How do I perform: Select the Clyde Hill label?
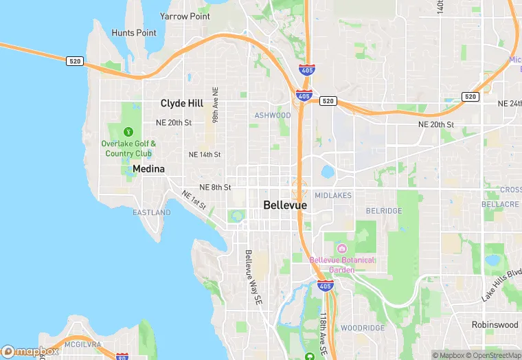(x=181, y=103)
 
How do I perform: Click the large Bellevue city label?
(x=285, y=205)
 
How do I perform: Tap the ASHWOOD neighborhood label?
(x=273, y=115)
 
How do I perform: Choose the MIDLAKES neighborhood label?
(x=333, y=196)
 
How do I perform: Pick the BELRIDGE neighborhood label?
(x=383, y=211)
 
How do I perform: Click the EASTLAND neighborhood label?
(x=151, y=213)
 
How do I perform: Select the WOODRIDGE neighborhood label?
(x=363, y=328)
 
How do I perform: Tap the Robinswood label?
(x=495, y=324)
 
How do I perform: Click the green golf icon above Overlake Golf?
(x=128, y=132)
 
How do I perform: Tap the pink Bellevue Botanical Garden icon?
(x=342, y=248)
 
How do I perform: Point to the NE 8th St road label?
(x=215, y=187)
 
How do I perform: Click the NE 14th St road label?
(x=205, y=155)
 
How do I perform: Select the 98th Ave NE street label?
(x=215, y=105)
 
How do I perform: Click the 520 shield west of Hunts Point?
(x=75, y=62)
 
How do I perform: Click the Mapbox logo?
(x=30, y=352)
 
